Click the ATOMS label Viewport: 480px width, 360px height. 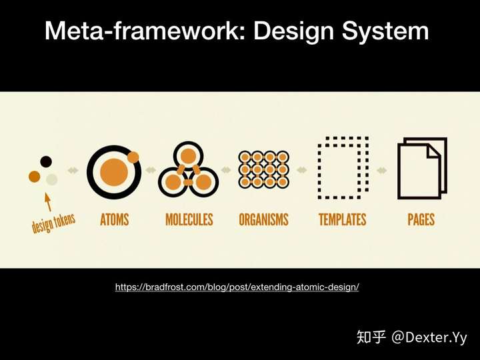click(115, 219)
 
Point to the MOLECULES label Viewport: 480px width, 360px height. click(189, 219)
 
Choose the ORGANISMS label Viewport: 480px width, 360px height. click(263, 219)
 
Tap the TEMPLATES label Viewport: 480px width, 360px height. click(343, 219)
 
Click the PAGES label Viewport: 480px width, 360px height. click(421, 219)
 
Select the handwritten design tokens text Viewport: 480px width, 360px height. click(53, 223)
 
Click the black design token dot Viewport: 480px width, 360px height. click(46, 161)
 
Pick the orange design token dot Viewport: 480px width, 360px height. click(34, 177)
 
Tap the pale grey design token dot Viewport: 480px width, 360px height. click(52, 179)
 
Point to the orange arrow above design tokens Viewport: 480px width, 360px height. click(48, 202)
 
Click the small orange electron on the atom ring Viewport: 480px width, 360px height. click(133, 157)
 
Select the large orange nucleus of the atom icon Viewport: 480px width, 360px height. click(114, 172)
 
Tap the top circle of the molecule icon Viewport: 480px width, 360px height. click(188, 156)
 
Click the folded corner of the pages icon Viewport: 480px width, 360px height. click(433, 151)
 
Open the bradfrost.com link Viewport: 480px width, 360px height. click(237, 287)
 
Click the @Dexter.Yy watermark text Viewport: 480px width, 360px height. click(429, 337)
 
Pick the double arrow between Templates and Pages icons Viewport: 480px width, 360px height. click(382, 170)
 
